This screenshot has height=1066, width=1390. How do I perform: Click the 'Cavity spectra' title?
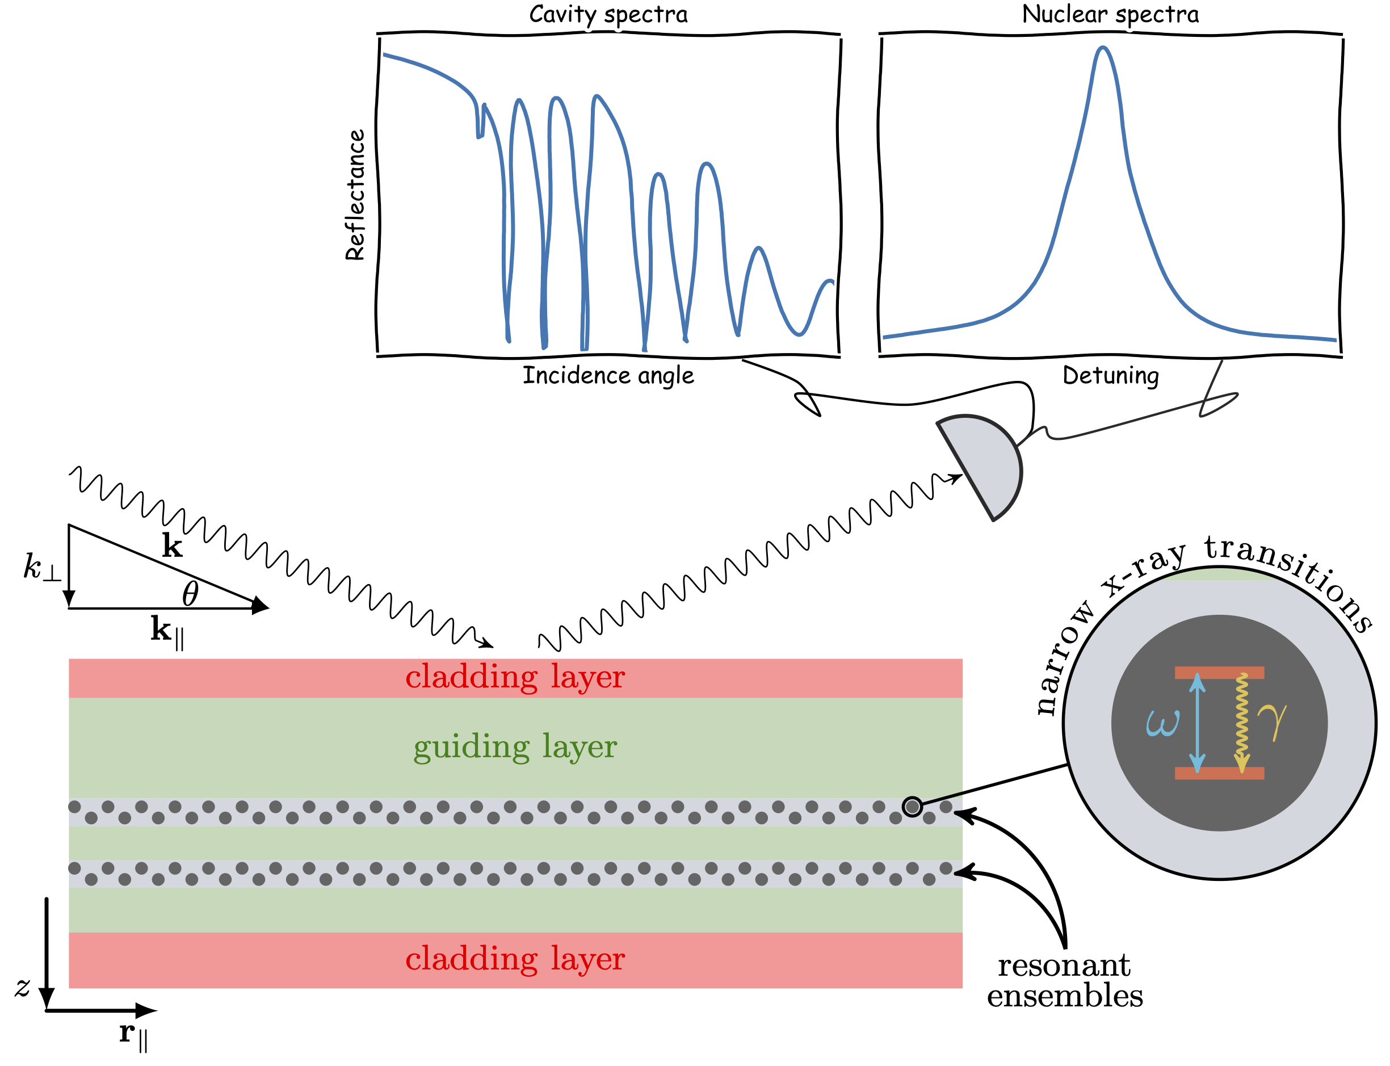click(x=608, y=14)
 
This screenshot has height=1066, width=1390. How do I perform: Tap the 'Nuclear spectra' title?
click(x=1110, y=14)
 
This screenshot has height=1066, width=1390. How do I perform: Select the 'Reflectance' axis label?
click(x=355, y=195)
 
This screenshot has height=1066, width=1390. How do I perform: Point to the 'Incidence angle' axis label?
click(x=608, y=375)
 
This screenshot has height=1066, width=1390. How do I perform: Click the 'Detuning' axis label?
click(x=1110, y=375)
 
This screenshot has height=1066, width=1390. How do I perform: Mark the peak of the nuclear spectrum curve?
click(x=1103, y=49)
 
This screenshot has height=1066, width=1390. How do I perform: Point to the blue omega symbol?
click(x=1162, y=723)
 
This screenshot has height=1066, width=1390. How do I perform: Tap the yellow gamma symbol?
click(x=1271, y=721)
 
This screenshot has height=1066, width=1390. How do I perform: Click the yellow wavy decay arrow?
click(x=1241, y=723)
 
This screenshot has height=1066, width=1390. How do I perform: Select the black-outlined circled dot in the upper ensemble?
click(x=912, y=807)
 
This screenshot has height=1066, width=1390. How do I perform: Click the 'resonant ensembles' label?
click(x=1064, y=980)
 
